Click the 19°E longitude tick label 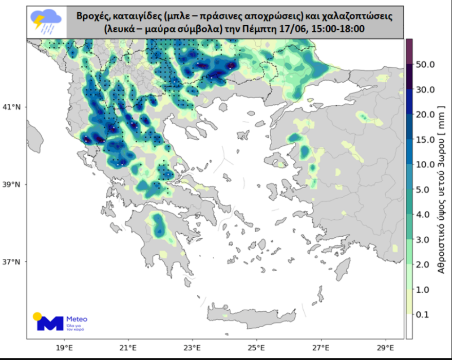64,347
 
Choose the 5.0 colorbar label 425,190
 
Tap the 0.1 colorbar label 425,314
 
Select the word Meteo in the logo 77,319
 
